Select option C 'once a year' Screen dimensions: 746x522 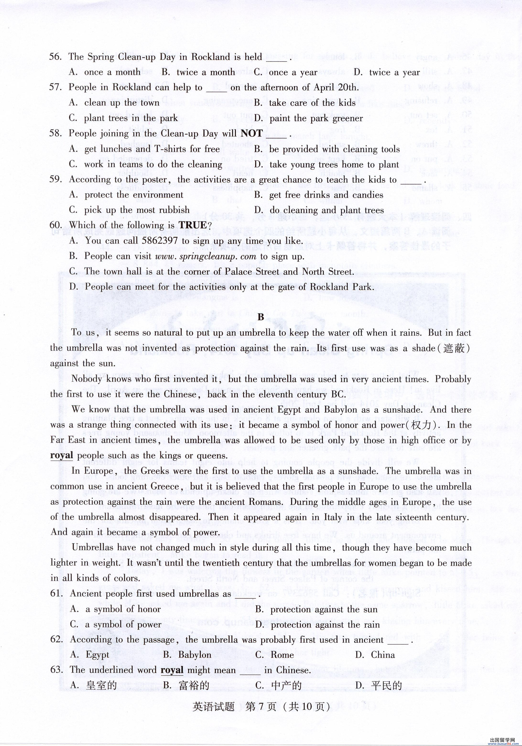tap(293, 72)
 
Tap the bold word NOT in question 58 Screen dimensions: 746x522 tap(252, 134)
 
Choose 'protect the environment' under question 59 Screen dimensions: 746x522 tap(134, 195)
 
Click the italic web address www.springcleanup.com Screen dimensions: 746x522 tap(206, 256)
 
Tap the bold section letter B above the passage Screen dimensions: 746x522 tap(261, 317)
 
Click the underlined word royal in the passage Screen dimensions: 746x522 tap(61, 455)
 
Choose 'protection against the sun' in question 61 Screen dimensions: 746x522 tap(324, 609)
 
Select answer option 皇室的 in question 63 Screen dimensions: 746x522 tap(101, 686)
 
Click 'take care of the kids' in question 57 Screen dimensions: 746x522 tap(312, 103)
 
